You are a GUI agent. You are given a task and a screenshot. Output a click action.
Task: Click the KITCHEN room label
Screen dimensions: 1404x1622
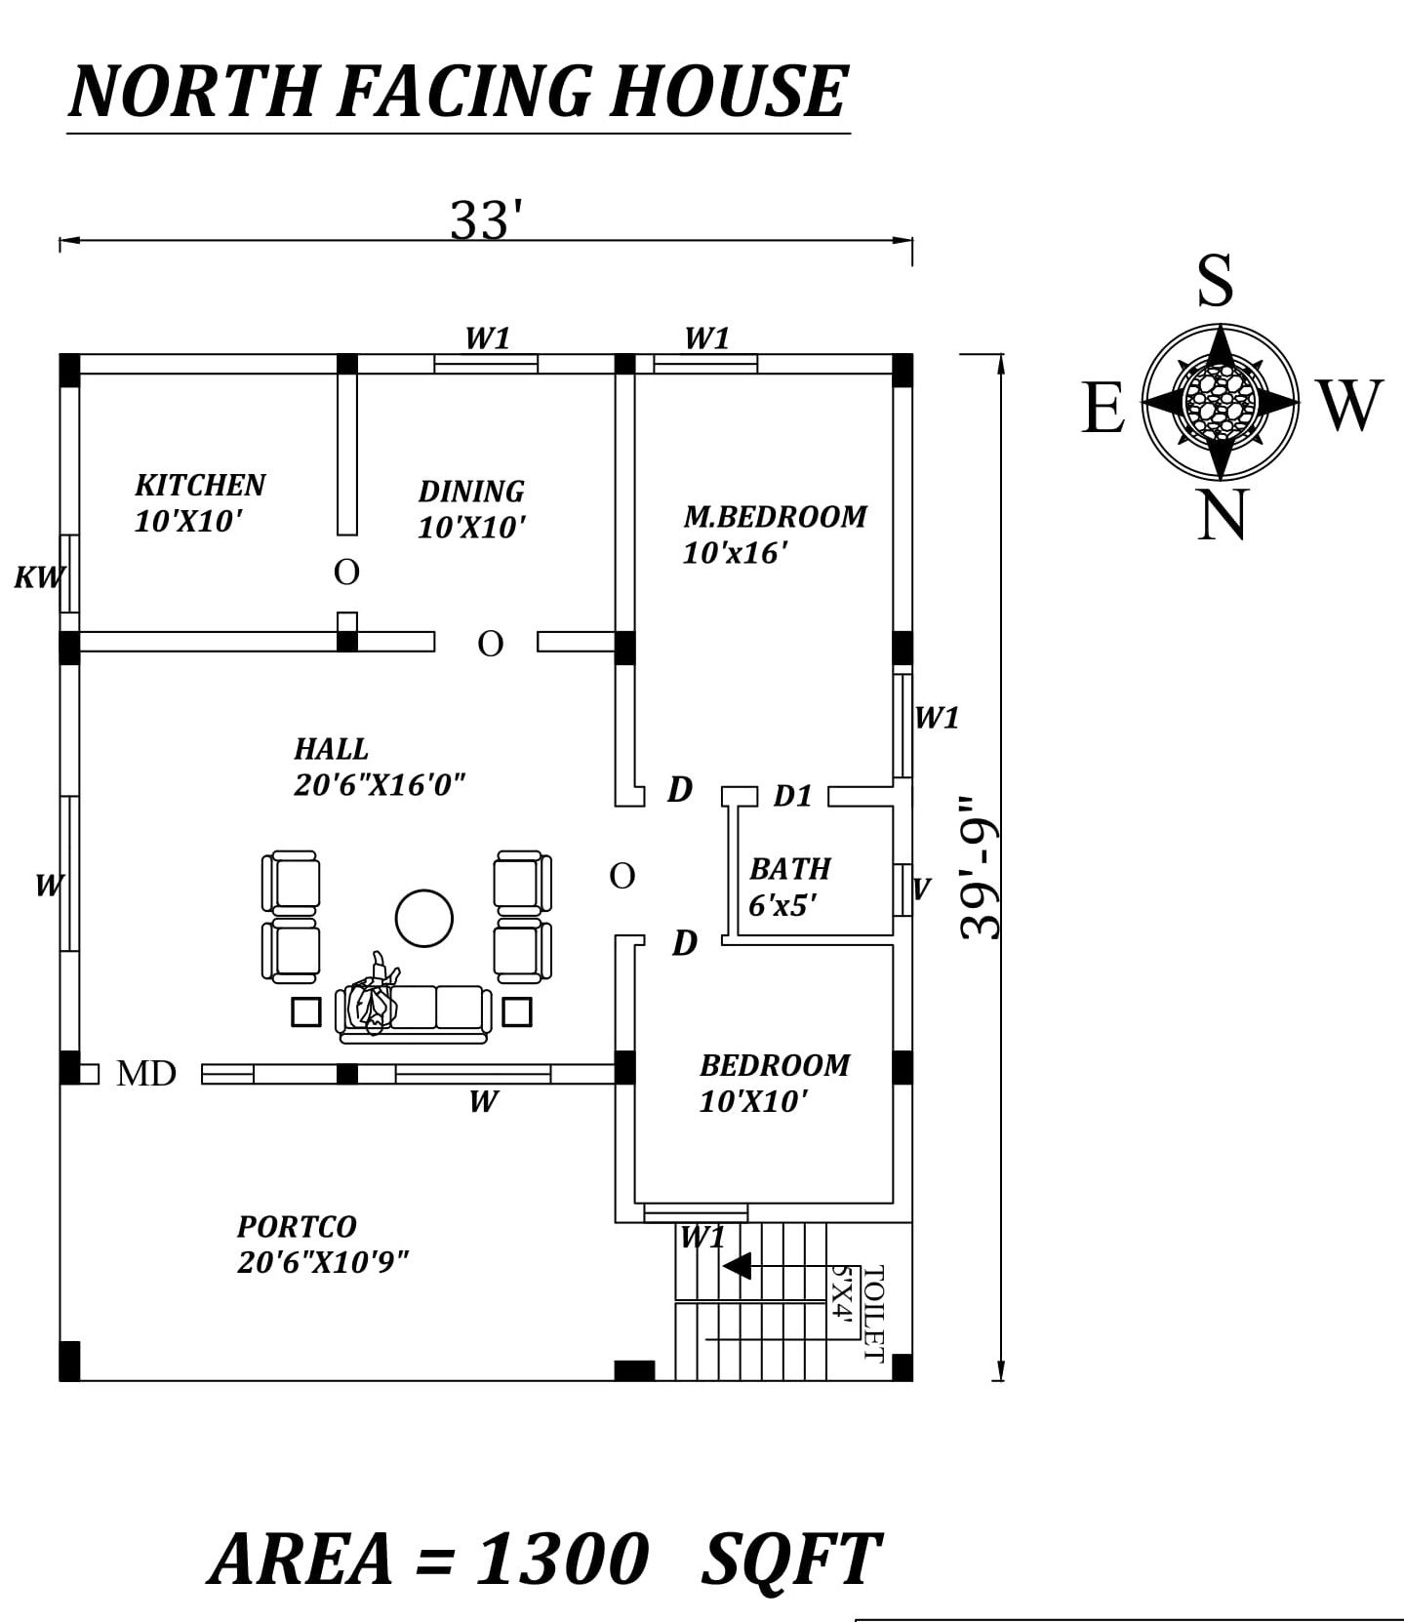pyautogui.click(x=200, y=485)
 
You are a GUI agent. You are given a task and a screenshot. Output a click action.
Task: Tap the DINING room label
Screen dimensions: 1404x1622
pyautogui.click(x=471, y=491)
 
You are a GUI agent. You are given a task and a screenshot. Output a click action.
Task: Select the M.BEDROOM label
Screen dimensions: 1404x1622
pyautogui.click(x=775, y=516)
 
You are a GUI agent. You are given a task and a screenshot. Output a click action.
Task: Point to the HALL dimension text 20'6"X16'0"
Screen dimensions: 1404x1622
pyautogui.click(x=380, y=784)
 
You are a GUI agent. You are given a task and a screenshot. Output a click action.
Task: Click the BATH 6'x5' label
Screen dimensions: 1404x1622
pyautogui.click(x=790, y=887)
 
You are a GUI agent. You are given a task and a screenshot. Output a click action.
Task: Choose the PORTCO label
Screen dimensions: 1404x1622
pyautogui.click(x=297, y=1226)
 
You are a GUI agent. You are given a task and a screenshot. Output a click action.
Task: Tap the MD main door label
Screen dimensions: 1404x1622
pyautogui.click(x=146, y=1074)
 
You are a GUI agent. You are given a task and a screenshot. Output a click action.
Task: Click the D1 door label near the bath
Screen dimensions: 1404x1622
pyautogui.click(x=792, y=796)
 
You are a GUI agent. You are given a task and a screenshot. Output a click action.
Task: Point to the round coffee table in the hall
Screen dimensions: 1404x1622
pyautogui.click(x=424, y=918)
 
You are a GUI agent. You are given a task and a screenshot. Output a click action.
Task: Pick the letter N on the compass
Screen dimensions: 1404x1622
pyautogui.click(x=1222, y=514)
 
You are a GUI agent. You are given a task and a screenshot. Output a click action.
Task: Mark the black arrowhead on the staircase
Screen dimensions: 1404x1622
pyautogui.click(x=738, y=1265)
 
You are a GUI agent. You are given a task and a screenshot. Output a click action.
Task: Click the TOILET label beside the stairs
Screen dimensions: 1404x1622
pyautogui.click(x=873, y=1313)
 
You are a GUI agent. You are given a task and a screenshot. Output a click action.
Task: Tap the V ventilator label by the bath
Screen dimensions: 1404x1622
pyautogui.click(x=921, y=889)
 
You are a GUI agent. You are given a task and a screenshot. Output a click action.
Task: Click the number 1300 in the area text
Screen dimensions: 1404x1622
pyautogui.click(x=562, y=1558)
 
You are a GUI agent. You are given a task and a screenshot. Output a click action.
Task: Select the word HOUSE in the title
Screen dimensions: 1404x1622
pyautogui.click(x=729, y=91)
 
